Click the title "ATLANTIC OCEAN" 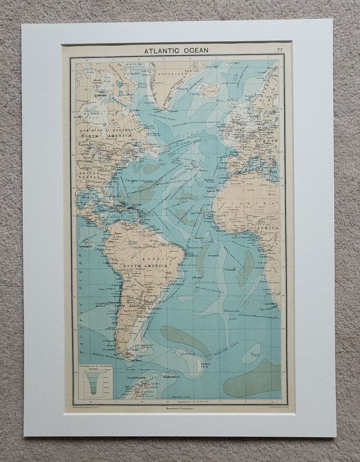[x=176, y=51]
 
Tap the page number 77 [x=280, y=51]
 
